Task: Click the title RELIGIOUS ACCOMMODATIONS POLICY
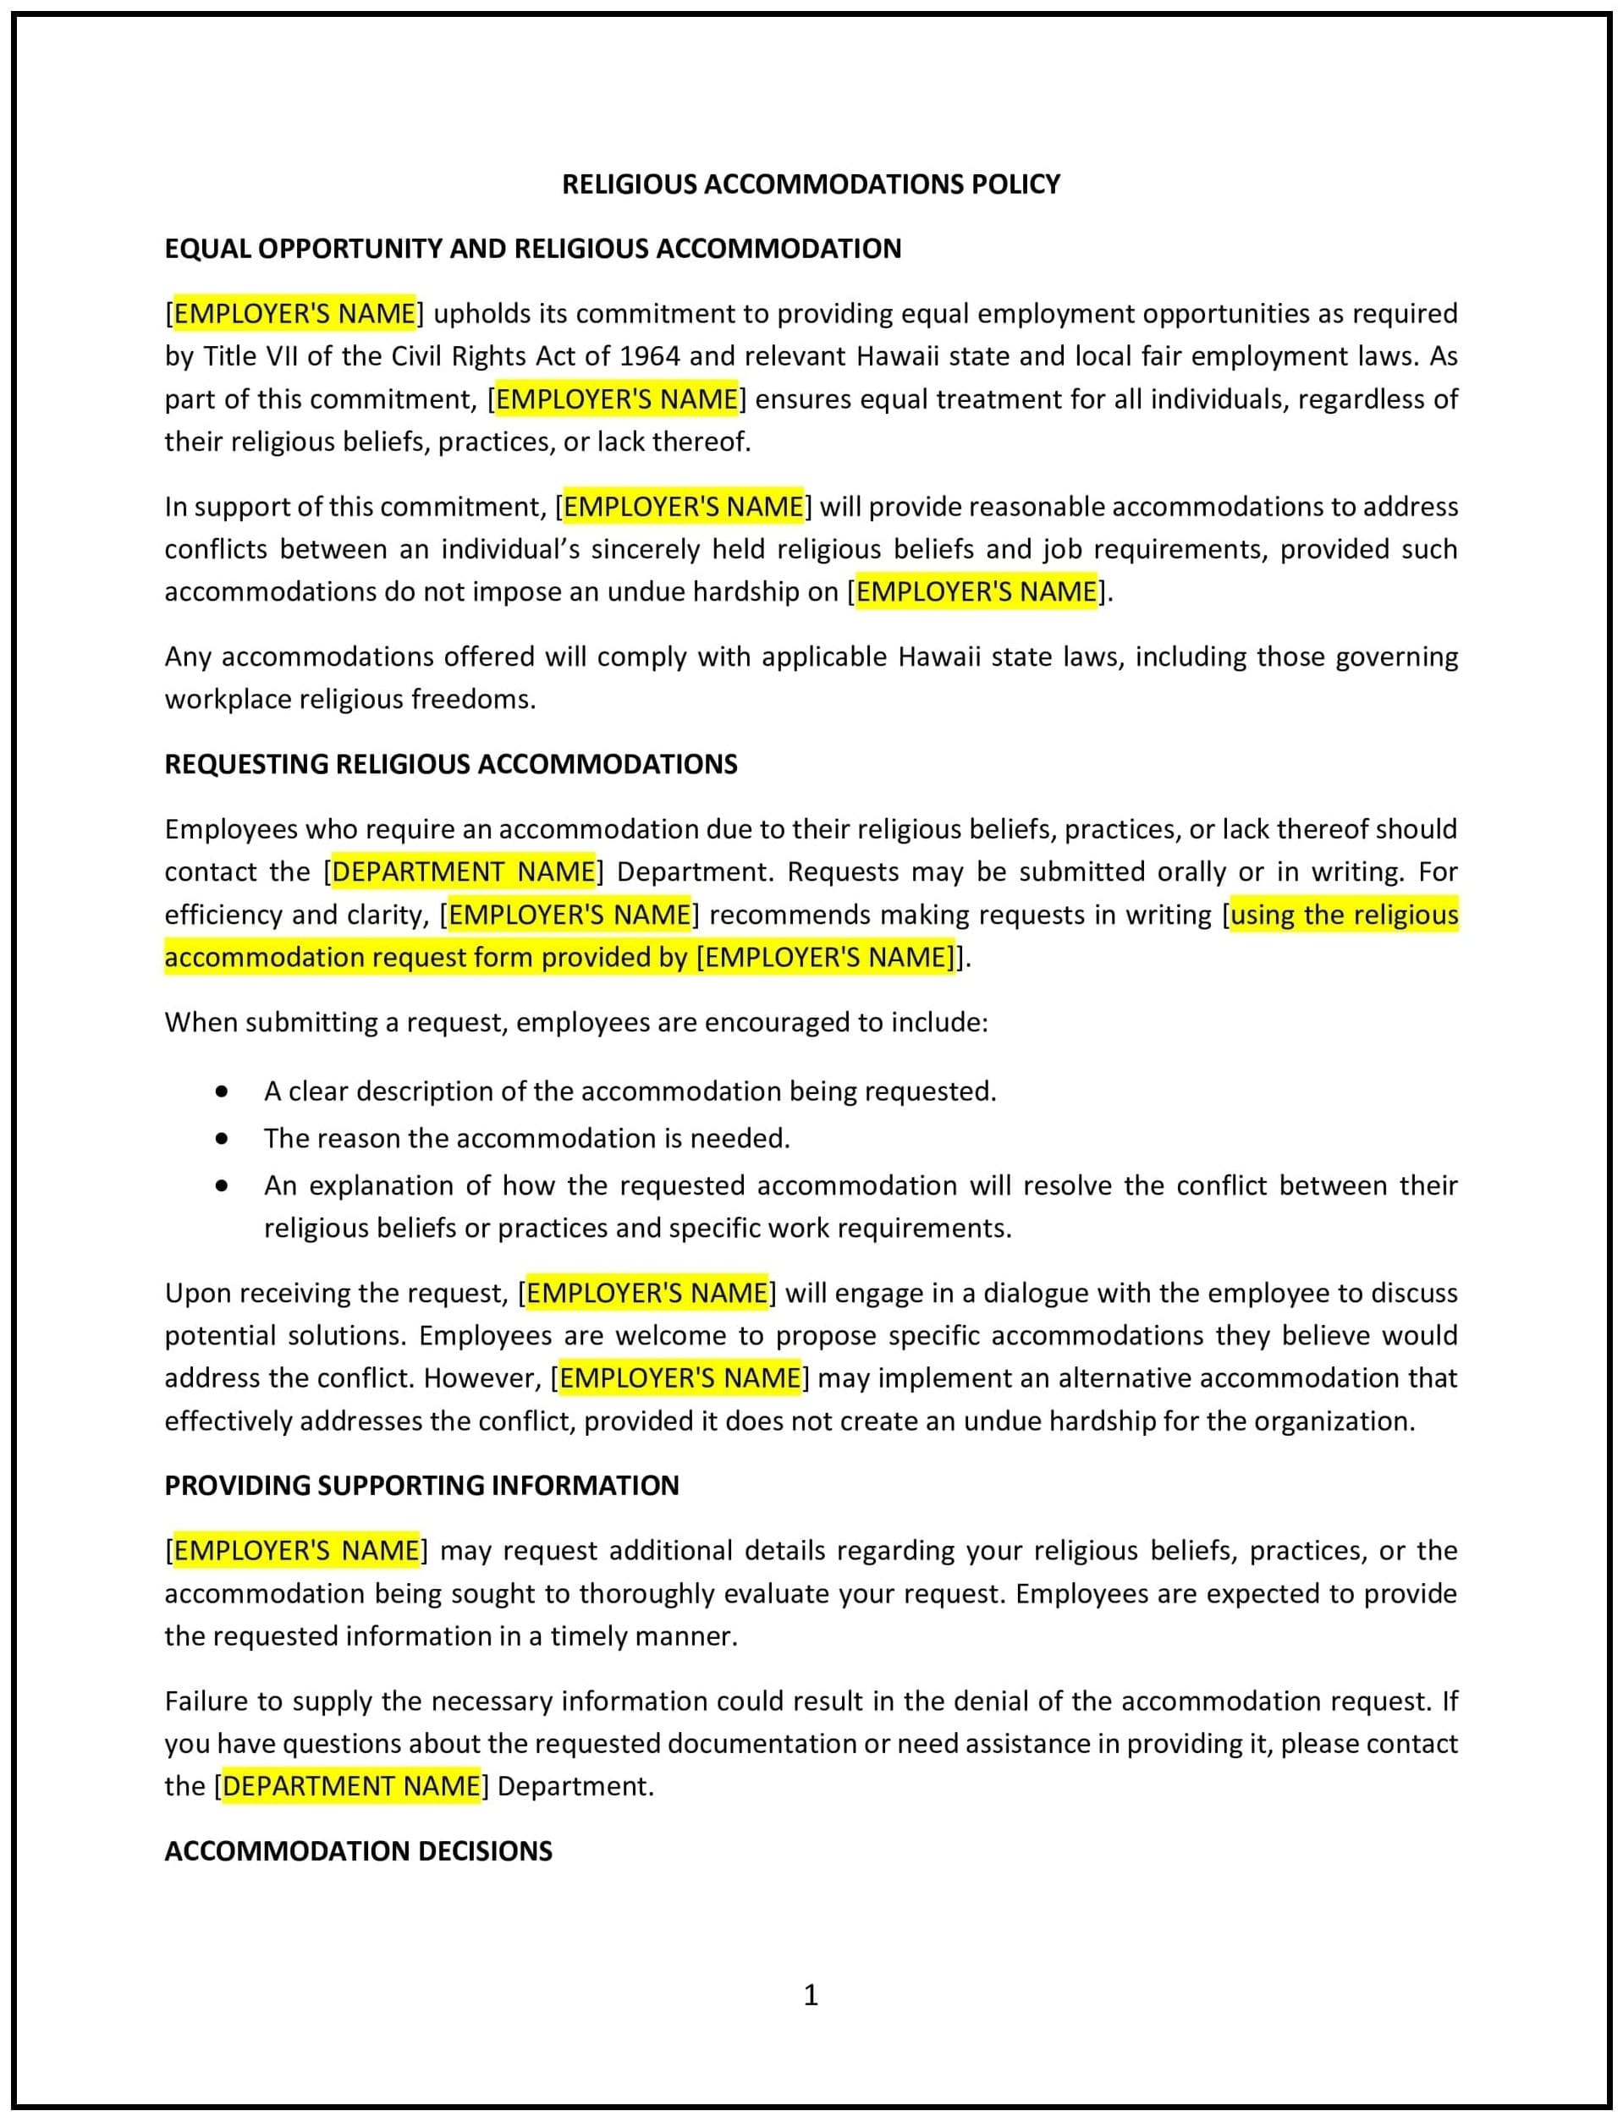[811, 184]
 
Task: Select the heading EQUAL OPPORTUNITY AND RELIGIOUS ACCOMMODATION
[532, 248]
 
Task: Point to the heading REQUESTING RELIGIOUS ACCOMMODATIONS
[450, 764]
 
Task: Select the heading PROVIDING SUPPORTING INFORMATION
[421, 1485]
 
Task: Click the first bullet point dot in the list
[223, 1091]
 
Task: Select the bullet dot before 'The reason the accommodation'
[223, 1139]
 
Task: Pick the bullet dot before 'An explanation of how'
[223, 1185]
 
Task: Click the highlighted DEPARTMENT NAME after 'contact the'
[464, 871]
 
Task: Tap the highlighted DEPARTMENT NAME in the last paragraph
[352, 1786]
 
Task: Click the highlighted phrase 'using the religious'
[1344, 914]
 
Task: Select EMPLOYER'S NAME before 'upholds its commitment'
[294, 314]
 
